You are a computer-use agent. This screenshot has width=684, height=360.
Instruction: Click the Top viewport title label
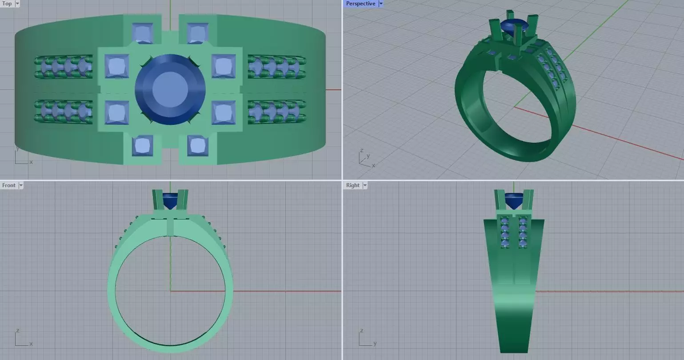[x=7, y=4]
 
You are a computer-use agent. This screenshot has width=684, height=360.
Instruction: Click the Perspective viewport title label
[x=360, y=4]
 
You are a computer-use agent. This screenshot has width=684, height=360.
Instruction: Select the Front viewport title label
[x=9, y=185]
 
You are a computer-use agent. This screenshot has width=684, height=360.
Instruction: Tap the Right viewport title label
[x=352, y=185]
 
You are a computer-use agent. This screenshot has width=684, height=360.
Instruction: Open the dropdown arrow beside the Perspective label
[x=381, y=4]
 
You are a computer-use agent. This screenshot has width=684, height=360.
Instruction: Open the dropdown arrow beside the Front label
[x=20, y=185]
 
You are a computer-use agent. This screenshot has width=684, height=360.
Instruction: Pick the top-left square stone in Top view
[x=143, y=33]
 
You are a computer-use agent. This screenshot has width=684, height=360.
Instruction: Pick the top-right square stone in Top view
[x=198, y=33]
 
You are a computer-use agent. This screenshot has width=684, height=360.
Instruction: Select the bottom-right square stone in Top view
[x=198, y=146]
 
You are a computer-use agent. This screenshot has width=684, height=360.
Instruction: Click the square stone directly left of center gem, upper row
[x=117, y=67]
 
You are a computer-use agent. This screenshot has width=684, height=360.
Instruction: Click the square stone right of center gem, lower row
[x=224, y=113]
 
